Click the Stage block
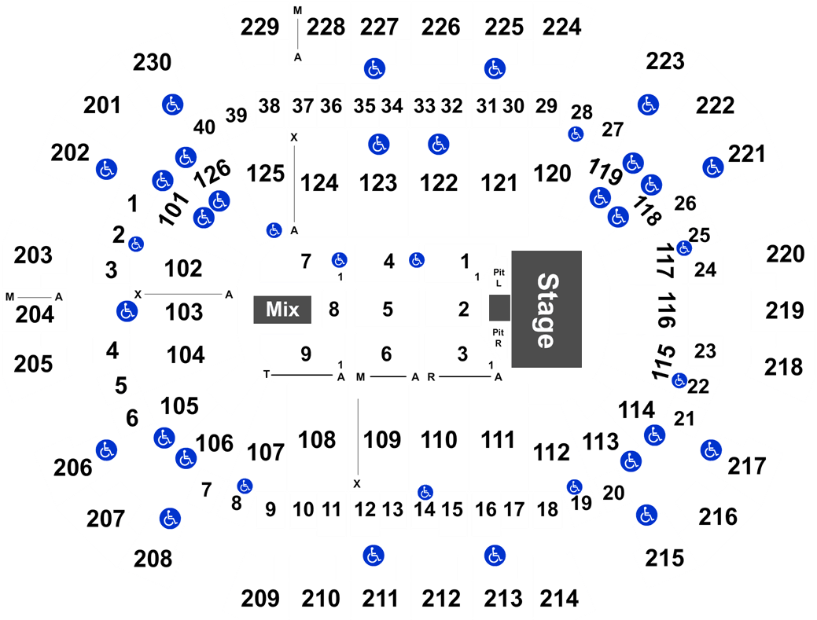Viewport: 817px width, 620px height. [547, 310]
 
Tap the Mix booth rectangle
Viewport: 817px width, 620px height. [282, 310]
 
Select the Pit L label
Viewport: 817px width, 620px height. [499, 278]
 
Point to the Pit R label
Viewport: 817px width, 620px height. [498, 338]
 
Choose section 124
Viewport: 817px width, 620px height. [319, 183]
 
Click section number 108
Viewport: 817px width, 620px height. [317, 440]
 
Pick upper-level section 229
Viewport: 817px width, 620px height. [260, 27]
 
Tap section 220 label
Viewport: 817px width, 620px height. [786, 255]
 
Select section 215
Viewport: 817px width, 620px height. [664, 558]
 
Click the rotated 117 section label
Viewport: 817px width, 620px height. [665, 261]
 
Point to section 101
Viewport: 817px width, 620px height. [174, 208]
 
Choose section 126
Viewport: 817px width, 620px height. [212, 174]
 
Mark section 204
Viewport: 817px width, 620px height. [35, 315]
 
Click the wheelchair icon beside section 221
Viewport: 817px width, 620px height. [712, 167]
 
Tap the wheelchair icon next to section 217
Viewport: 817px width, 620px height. [711, 450]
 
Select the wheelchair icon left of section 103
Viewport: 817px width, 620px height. [127, 311]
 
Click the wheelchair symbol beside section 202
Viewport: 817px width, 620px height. [107, 169]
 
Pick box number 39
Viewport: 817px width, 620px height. [236, 115]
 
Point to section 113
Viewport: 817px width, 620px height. [600, 442]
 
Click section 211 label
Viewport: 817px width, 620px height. [380, 599]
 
